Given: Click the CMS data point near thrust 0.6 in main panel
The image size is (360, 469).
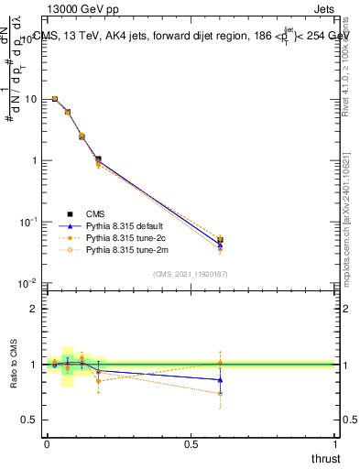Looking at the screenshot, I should pyautogui.click(x=220, y=241).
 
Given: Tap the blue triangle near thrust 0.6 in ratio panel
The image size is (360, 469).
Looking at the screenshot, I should pyautogui.click(x=220, y=379).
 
